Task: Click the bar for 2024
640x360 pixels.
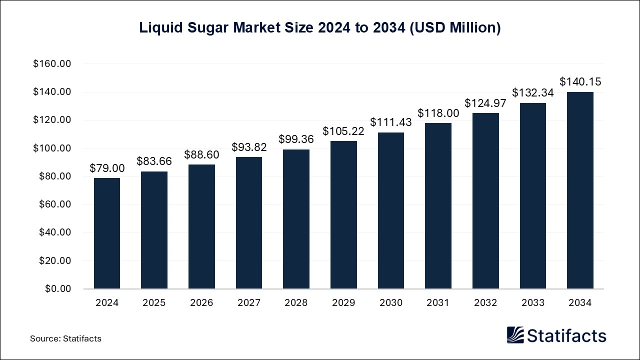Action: click(106, 233)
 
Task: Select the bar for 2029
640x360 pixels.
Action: click(343, 214)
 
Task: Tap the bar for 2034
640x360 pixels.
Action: click(580, 190)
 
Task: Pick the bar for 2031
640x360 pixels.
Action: click(438, 205)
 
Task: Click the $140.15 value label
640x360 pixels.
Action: click(580, 81)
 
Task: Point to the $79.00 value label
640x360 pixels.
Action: click(107, 168)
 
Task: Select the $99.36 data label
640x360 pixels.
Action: click(296, 138)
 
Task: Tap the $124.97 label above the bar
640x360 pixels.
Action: click(485, 103)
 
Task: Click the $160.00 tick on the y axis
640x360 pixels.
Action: click(52, 64)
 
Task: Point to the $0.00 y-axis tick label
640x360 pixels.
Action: click(57, 289)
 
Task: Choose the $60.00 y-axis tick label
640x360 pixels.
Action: click(54, 204)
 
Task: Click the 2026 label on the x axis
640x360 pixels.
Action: click(201, 303)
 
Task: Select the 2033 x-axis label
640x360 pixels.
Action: click(532, 303)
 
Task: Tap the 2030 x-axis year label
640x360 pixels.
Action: click(390, 303)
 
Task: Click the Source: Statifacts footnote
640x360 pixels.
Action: click(65, 338)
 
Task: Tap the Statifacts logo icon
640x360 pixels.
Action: click(515, 335)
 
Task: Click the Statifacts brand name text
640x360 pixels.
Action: click(567, 335)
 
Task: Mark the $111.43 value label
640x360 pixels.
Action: click(390, 122)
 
